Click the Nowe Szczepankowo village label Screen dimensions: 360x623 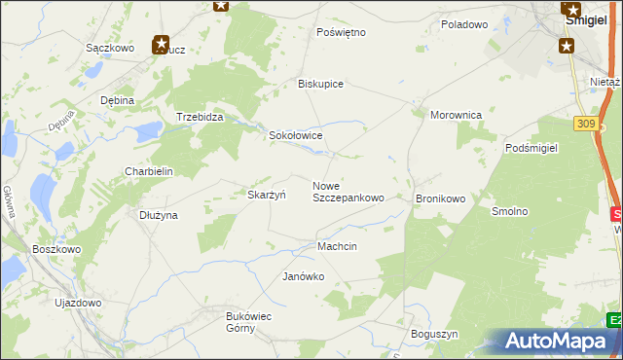(348, 192)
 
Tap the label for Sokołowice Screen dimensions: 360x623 (296, 136)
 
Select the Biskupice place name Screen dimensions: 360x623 (320, 84)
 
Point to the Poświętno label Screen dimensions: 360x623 (341, 32)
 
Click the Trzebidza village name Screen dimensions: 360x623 (201, 117)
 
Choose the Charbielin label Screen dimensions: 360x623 (148, 171)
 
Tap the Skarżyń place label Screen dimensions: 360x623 (266, 195)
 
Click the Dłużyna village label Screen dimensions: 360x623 (158, 215)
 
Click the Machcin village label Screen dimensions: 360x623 (337, 246)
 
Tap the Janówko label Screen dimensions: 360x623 (303, 276)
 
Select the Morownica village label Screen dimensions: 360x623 (457, 115)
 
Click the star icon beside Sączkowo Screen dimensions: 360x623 (161, 44)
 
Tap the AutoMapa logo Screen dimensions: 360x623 (559, 341)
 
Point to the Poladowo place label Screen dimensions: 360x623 (463, 24)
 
